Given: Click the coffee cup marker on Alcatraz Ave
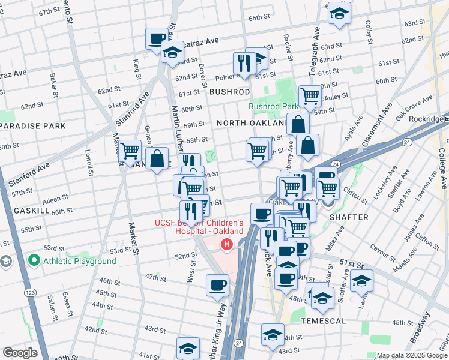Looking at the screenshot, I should coord(157,40).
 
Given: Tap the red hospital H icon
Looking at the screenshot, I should coord(226,244).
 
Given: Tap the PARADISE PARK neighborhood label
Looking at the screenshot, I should coord(33,126).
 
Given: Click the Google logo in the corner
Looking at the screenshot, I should coord(20,353).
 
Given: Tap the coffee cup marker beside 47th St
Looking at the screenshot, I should coord(217,286).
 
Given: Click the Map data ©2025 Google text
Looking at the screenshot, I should coord(412,355).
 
